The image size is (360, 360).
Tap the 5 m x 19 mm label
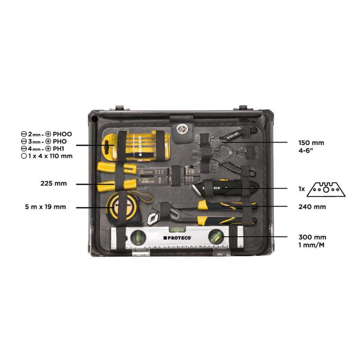coord(46,207)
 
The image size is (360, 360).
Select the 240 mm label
coord(312,207)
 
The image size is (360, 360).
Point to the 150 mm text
coord(311,143)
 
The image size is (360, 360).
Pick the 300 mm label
coord(312,237)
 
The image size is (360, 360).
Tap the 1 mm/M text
coord(311,245)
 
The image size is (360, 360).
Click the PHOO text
coord(62,134)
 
